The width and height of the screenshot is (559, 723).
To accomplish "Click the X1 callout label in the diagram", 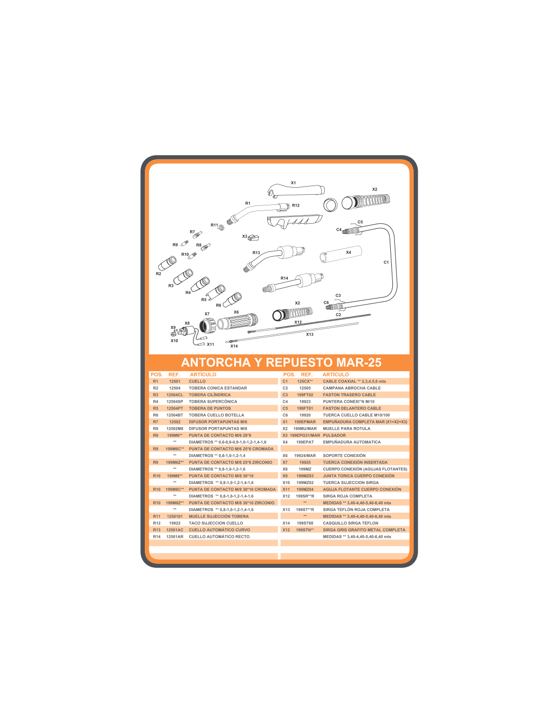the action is point(293,183).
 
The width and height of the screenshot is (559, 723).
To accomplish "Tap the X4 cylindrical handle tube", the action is point(340,254).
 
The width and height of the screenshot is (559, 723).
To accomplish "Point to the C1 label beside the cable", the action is point(386,262).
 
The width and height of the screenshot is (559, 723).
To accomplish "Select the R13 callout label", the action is point(256,253).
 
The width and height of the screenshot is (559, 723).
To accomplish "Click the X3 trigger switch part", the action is point(254,237).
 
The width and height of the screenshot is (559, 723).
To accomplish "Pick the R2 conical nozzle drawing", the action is point(167,263).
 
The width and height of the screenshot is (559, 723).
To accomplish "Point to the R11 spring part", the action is point(222,227).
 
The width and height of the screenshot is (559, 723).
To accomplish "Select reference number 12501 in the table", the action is point(175,381).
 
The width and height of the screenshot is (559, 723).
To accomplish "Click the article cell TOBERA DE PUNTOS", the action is point(209,408).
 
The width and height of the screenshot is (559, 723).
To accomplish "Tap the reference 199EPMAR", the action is point(304,422).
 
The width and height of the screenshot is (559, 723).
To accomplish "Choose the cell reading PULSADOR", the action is point(334,435).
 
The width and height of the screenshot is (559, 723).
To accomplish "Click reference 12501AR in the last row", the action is point(175,537).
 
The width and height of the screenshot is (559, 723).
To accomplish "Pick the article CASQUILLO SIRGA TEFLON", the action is point(350,523).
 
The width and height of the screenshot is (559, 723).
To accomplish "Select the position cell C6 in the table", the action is point(285,415).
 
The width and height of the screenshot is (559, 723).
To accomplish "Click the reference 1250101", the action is point(175,517).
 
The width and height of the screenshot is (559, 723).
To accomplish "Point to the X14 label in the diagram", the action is point(234,346).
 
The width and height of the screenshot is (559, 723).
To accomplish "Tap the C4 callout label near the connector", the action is point(338,230).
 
